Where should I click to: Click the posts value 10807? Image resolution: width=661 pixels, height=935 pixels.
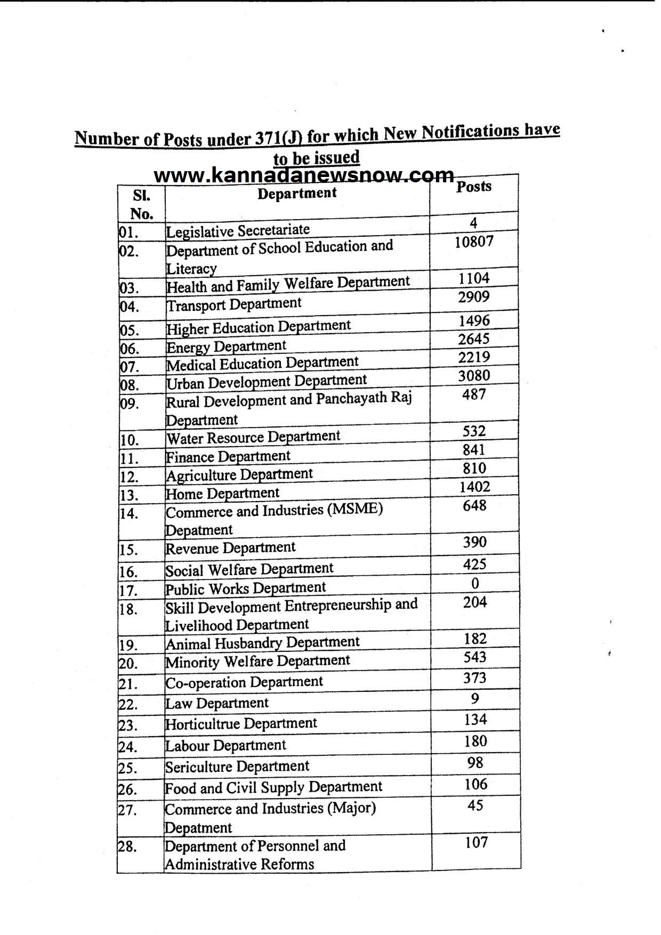[474, 241]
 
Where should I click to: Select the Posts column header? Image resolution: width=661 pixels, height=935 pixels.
[473, 187]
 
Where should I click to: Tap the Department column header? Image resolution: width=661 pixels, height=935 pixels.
[297, 193]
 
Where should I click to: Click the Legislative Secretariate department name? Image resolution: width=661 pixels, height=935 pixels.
[238, 231]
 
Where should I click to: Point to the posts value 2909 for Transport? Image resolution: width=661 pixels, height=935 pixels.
[473, 297]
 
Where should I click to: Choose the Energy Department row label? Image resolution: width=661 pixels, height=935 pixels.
[226, 346]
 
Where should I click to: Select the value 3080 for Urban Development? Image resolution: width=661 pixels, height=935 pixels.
[473, 376]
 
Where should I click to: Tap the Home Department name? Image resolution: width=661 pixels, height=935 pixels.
[222, 494]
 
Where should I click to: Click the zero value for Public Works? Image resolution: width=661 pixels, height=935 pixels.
[474, 583]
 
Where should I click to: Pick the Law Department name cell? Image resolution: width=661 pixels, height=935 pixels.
[217, 703]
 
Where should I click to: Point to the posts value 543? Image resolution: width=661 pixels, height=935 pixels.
[474, 657]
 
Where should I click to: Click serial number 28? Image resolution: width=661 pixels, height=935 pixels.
[127, 847]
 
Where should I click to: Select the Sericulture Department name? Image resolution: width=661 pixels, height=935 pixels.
[237, 767]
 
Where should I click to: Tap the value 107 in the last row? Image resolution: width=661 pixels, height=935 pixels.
[476, 842]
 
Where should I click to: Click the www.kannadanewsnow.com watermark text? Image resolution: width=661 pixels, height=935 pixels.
[304, 175]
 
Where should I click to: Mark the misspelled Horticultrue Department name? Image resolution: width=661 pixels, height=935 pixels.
[241, 724]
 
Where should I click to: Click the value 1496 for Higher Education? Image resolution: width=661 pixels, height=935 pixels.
[474, 320]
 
